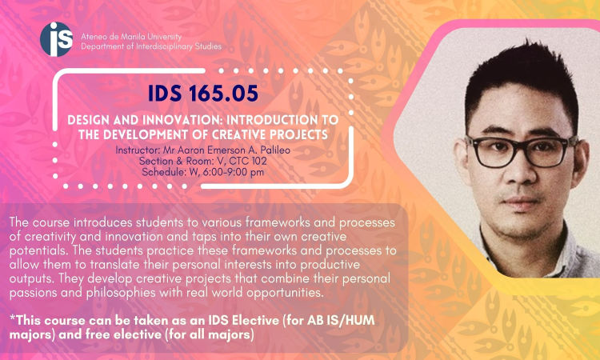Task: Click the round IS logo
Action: click(x=56, y=39)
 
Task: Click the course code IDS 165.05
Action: click(x=203, y=93)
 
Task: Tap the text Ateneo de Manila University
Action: click(x=131, y=37)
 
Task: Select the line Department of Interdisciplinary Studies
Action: click(x=151, y=46)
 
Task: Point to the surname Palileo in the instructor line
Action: click(x=273, y=150)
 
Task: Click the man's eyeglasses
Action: click(x=521, y=150)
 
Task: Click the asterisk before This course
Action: click(x=12, y=318)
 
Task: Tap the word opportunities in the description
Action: click(x=282, y=294)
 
